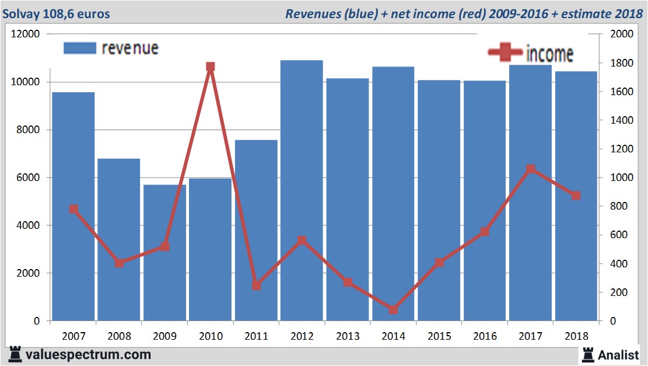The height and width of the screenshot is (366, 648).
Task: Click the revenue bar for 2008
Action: (x=118, y=239)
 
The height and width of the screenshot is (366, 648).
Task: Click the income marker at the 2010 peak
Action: (x=211, y=67)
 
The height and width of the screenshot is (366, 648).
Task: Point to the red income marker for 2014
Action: (x=393, y=309)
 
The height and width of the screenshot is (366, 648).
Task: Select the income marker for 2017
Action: (x=530, y=169)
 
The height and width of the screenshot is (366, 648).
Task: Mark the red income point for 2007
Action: (x=73, y=209)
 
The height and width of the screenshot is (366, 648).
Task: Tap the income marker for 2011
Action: (x=256, y=285)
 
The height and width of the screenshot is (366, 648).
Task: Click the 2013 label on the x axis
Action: (x=348, y=336)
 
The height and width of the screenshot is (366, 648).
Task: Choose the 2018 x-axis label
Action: (x=576, y=336)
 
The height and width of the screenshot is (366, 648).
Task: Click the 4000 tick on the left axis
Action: (x=28, y=225)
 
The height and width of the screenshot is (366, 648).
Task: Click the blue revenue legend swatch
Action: (x=79, y=48)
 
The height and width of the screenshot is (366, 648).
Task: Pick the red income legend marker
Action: (x=505, y=53)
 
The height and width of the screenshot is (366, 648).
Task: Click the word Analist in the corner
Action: (x=618, y=354)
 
